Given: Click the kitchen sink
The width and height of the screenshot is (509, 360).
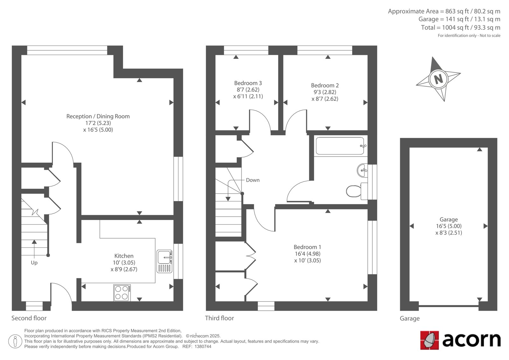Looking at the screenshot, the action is [x=164, y=261].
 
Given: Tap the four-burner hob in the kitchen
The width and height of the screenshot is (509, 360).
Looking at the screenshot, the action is [x=122, y=293].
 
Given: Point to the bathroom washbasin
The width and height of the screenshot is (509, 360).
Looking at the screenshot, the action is [x=362, y=170].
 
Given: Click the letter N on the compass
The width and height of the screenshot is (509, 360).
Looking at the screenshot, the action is [x=438, y=79].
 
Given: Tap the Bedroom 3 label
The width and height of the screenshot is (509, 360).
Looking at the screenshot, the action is [x=248, y=83].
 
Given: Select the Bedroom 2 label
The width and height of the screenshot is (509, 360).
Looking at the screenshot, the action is [x=325, y=86].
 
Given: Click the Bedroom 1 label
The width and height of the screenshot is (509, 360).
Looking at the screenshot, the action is [x=307, y=247].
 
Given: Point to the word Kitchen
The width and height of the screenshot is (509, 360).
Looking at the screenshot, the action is [x=124, y=256].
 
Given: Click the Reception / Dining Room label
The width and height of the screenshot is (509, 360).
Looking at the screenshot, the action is [x=98, y=116].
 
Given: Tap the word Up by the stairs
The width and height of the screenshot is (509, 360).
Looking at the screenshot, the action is [x=34, y=263].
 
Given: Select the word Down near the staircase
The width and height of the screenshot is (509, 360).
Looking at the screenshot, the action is [x=253, y=180].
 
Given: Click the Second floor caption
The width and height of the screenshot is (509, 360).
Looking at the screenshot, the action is [x=29, y=318].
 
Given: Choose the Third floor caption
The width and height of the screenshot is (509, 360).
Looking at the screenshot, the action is [x=219, y=318].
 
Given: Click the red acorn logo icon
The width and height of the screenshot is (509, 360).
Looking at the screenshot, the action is [x=429, y=340].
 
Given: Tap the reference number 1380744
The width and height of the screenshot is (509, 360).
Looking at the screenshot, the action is [x=203, y=347].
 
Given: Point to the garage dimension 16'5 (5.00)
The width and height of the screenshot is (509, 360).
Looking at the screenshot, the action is [x=449, y=226].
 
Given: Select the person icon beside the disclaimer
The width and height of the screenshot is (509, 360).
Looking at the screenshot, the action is [x=15, y=341].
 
